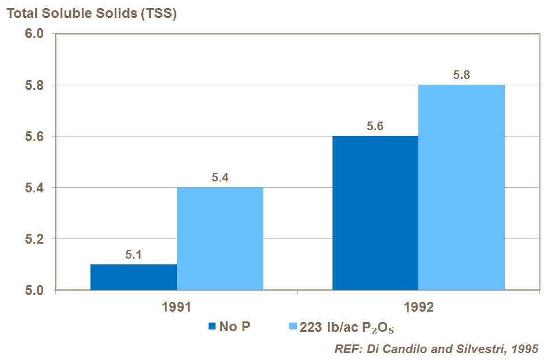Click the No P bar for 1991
134,277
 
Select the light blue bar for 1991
220,238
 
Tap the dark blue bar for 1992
376,213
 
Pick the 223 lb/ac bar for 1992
462,187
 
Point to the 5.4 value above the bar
220,178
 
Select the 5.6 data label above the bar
376,127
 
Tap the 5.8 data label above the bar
462,75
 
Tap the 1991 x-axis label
176,308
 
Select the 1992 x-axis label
419,308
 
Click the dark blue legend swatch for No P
212,327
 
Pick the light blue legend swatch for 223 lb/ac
292,327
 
